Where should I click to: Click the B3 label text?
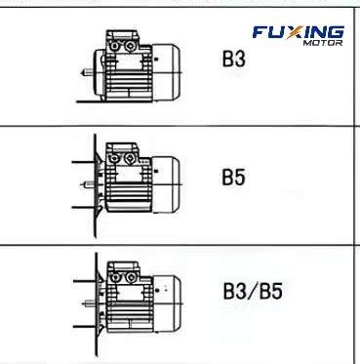pyautogui.click(x=233, y=59)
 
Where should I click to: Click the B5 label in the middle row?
pyautogui.click(x=233, y=177)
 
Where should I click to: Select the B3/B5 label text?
pyautogui.click(x=253, y=291)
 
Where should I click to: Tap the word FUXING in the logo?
pyautogui.click(x=299, y=32)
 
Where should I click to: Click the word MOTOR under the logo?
pyautogui.click(x=323, y=43)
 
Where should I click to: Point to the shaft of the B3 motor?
pyautogui.click(x=87, y=72)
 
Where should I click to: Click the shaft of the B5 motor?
pyautogui.click(x=90, y=184)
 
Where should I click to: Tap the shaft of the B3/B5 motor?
pyautogui.click(x=91, y=304)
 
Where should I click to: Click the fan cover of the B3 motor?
pyautogui.click(x=166, y=71)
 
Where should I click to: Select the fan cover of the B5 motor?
pyautogui.click(x=166, y=184)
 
